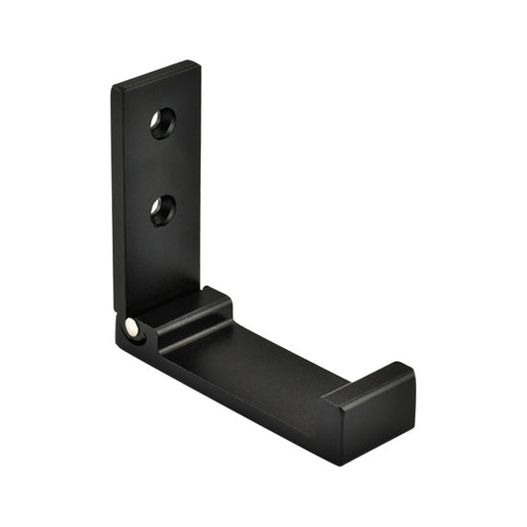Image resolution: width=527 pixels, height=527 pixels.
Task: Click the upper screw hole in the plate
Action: tap(162, 123)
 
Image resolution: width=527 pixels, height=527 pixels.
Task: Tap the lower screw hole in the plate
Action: tap(163, 209)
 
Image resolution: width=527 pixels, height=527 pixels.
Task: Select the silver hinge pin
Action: tap(132, 325)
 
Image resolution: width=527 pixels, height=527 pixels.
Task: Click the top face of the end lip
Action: tap(368, 383)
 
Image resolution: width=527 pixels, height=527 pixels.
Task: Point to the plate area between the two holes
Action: tap(163, 166)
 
